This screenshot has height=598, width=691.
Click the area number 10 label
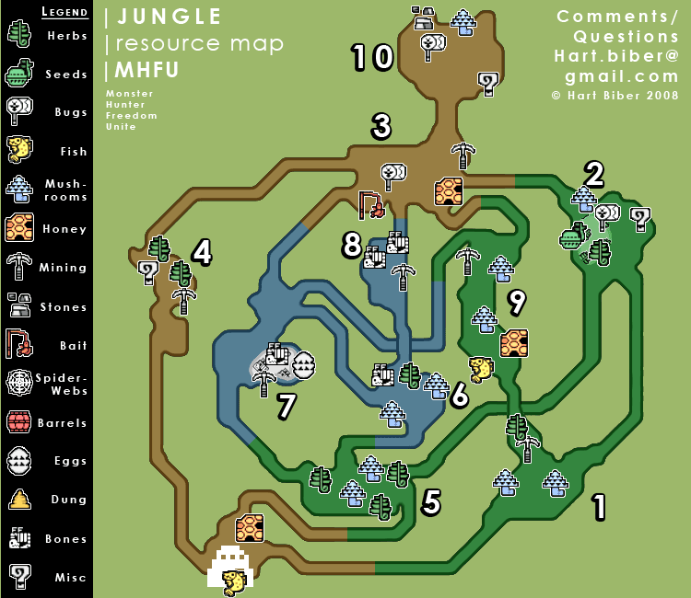point(373,57)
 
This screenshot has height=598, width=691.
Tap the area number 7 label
point(287,405)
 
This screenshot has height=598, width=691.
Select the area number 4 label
point(202,252)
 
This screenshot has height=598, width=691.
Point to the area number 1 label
point(599,506)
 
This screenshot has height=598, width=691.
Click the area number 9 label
point(517,300)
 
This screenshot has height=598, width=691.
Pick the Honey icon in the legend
point(19,227)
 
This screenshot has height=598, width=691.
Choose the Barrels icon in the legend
point(19,422)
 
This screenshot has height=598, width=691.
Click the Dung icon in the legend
point(19,500)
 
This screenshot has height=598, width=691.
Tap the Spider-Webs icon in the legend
point(19,383)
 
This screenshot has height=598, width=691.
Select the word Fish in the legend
point(73,152)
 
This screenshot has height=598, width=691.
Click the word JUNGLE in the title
point(170,17)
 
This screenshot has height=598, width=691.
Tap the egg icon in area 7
point(303,365)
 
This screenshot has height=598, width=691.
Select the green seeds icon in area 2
point(573,237)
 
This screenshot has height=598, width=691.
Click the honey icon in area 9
point(513,343)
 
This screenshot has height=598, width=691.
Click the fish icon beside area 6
point(481,369)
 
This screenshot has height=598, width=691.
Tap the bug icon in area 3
point(393,174)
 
